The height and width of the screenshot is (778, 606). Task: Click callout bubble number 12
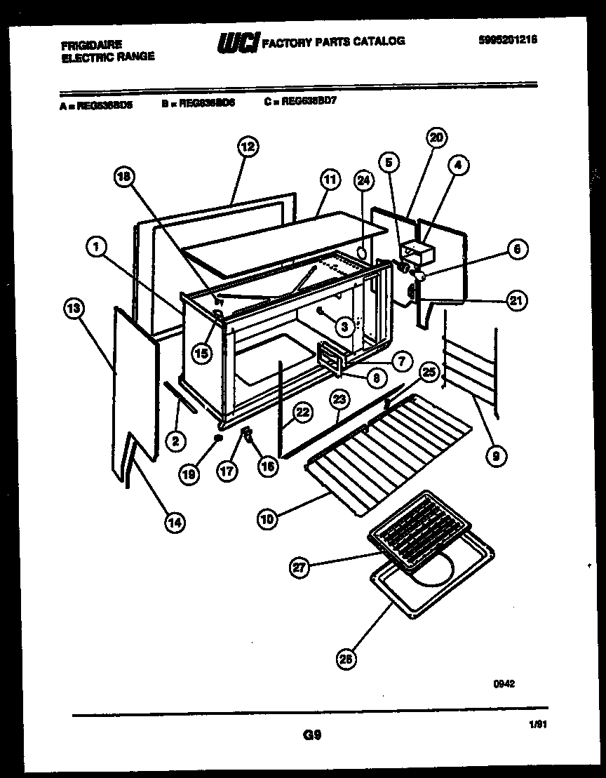click(248, 147)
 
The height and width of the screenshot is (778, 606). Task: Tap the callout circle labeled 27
click(300, 568)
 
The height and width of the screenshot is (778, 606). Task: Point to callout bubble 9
click(497, 455)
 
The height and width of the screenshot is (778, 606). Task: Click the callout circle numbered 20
click(436, 138)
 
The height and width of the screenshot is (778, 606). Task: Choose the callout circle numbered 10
click(267, 519)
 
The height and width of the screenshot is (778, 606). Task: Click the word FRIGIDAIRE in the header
click(91, 45)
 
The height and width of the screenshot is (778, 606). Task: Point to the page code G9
click(312, 735)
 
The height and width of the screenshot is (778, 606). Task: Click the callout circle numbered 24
click(363, 181)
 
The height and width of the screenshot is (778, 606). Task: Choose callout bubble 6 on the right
click(518, 249)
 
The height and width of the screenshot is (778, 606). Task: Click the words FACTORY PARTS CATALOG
click(333, 41)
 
